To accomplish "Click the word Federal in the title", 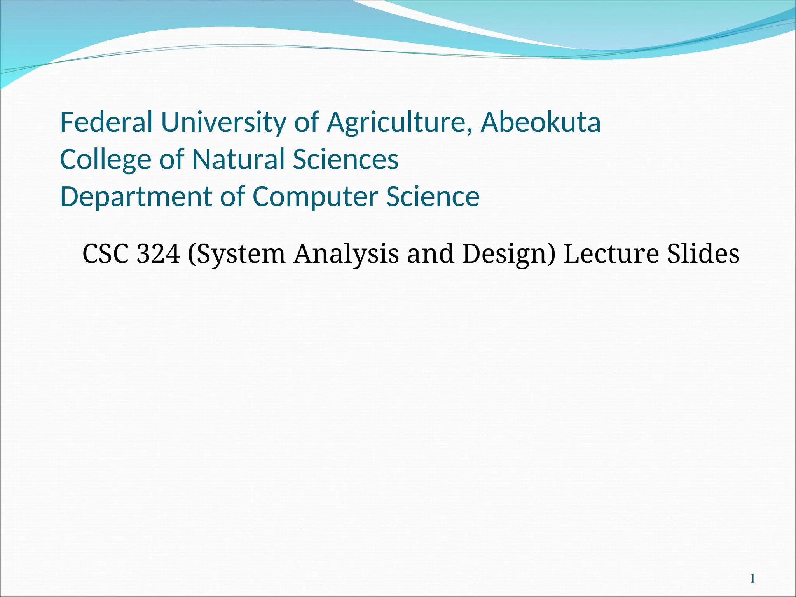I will (x=106, y=122).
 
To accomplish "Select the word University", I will (x=223, y=122).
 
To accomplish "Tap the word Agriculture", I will (x=396, y=122).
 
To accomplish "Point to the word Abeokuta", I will (x=541, y=122).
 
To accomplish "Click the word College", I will (x=105, y=159).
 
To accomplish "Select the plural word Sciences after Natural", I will (x=346, y=159).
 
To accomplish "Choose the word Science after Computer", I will (x=433, y=196).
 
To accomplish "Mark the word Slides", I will (x=703, y=254).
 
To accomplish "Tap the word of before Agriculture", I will (x=307, y=122).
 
